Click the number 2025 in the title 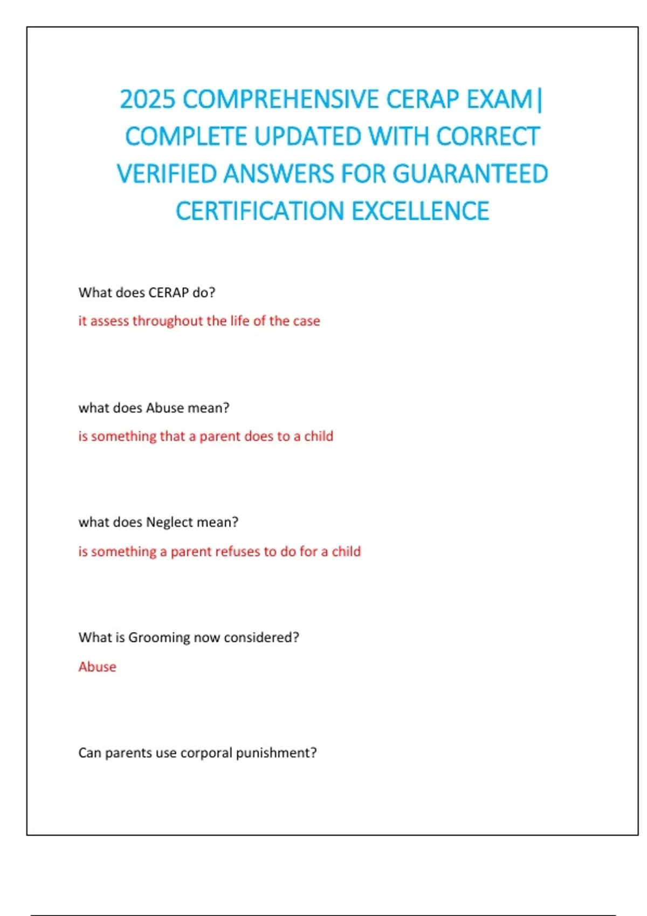click(x=147, y=100)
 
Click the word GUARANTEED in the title click(x=470, y=174)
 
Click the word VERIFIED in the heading click(x=167, y=174)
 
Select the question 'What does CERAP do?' click(x=147, y=293)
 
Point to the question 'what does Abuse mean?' click(x=154, y=408)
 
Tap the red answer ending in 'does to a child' click(x=205, y=436)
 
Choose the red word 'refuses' click(x=237, y=552)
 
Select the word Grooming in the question click(x=159, y=638)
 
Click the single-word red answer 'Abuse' click(x=97, y=667)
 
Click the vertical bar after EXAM click(x=540, y=100)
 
